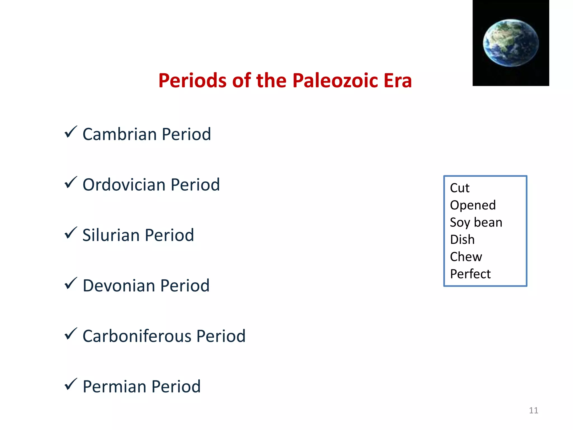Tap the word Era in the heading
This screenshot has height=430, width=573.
(x=398, y=81)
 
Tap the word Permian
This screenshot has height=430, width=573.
(x=114, y=387)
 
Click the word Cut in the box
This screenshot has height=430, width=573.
(x=459, y=188)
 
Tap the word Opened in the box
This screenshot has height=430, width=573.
(x=473, y=205)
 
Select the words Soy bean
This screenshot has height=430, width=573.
(x=476, y=223)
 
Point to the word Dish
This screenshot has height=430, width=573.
(x=462, y=240)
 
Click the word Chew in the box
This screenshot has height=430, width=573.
(x=466, y=257)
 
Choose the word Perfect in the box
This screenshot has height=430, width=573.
(x=470, y=274)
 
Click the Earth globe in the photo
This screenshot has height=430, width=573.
(x=511, y=43)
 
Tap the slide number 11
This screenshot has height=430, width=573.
(x=533, y=410)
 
